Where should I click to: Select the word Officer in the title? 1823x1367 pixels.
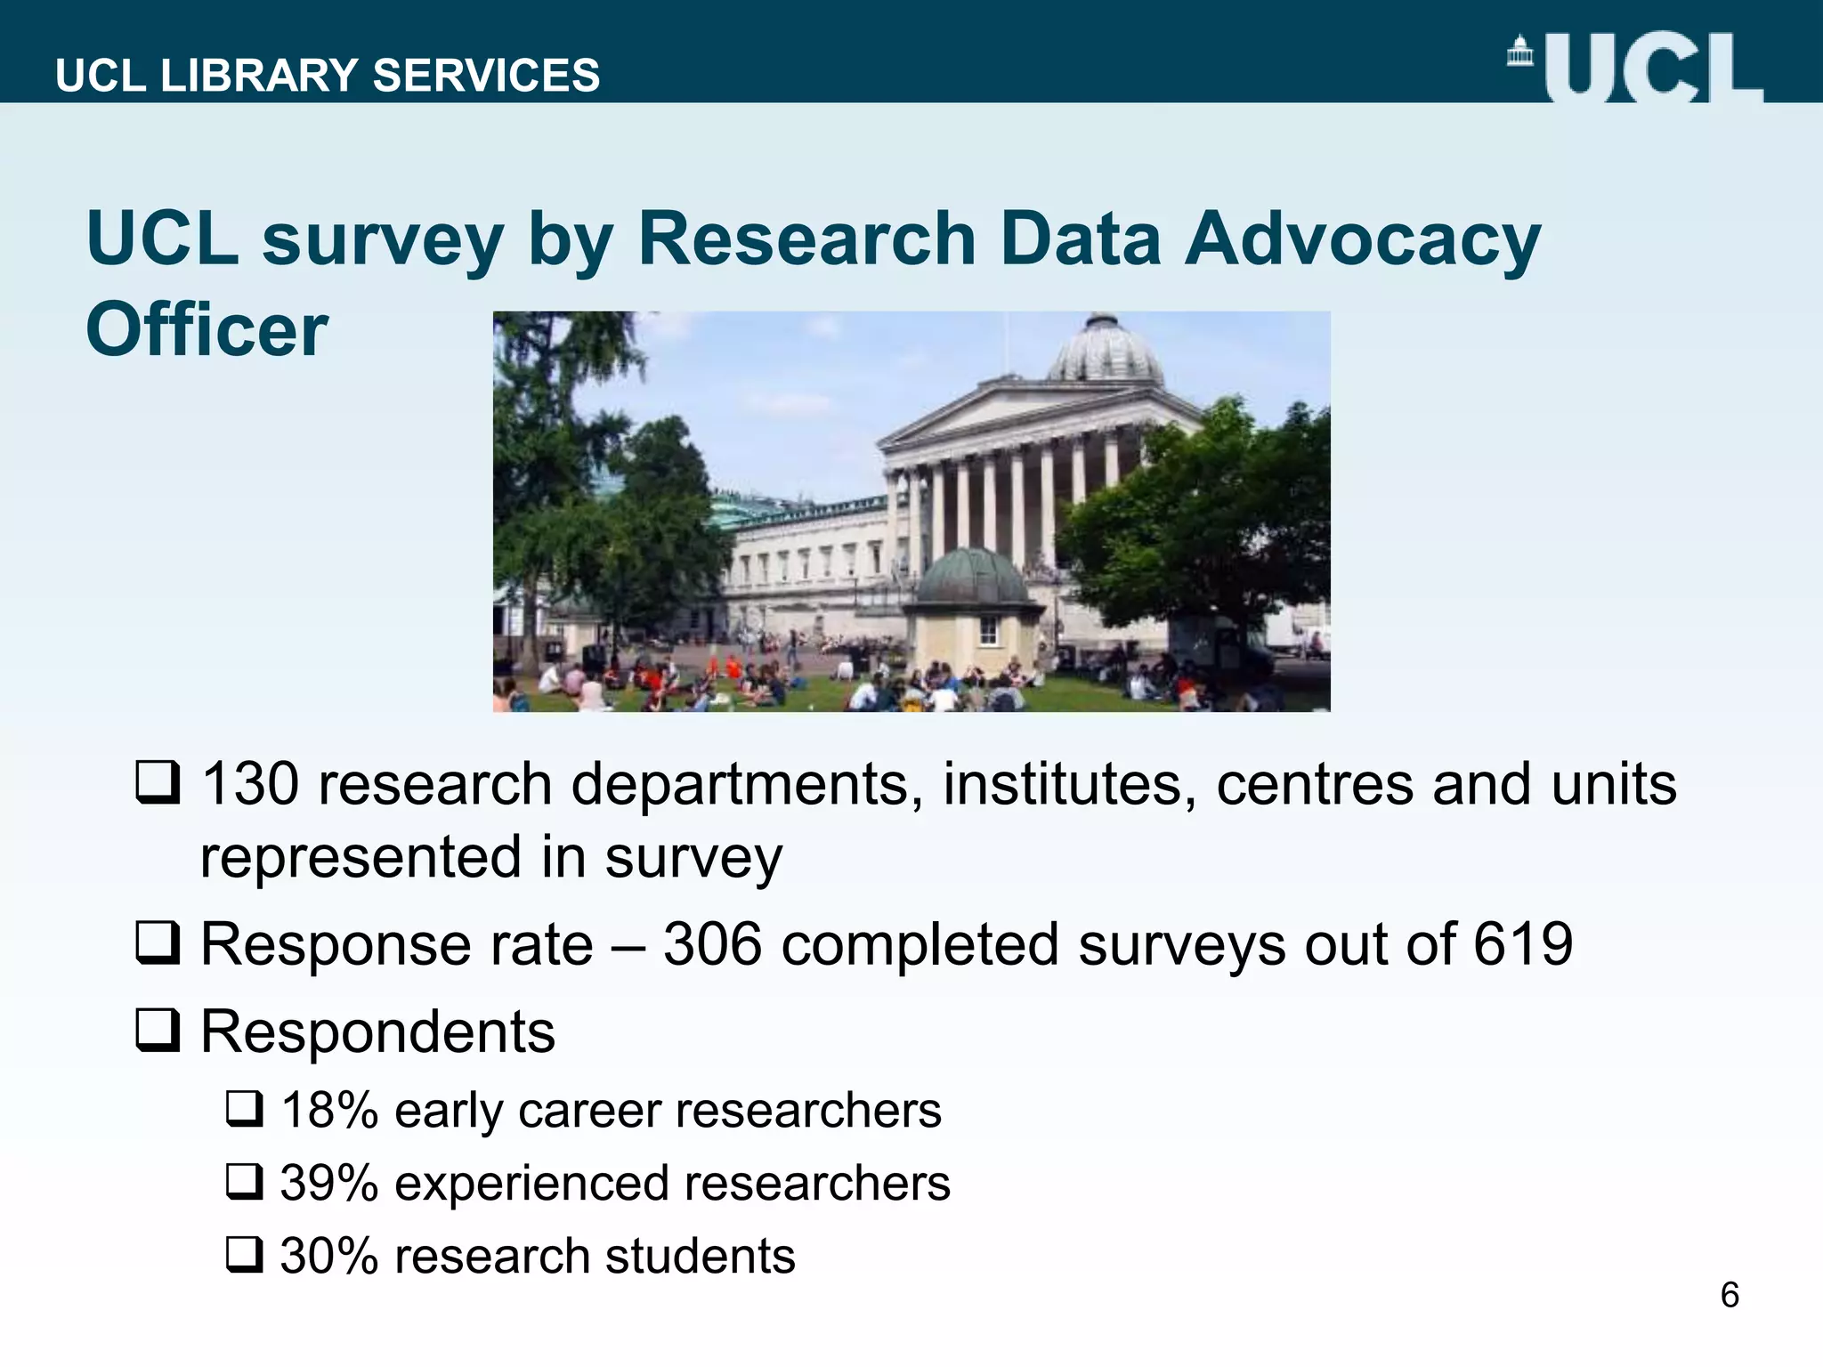(x=207, y=329)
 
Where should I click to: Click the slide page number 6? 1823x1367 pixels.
(x=1730, y=1295)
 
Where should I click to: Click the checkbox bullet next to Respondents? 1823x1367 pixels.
(x=158, y=1031)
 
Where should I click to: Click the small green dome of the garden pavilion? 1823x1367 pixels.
(x=972, y=577)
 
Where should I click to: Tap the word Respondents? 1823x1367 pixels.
(x=377, y=1031)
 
